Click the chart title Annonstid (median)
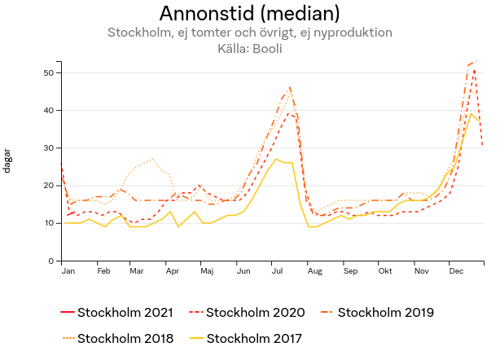pyautogui.click(x=249, y=14)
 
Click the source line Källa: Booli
pyautogui.click(x=249, y=48)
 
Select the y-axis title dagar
pyautogui.click(x=7, y=160)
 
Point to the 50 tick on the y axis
pyautogui.click(x=48, y=73)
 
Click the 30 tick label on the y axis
pyautogui.click(x=48, y=148)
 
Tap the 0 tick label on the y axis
pyautogui.click(x=50, y=261)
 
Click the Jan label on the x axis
pyautogui.click(x=68, y=270)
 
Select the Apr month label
pyautogui.click(x=173, y=270)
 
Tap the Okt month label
pyautogui.click(x=385, y=270)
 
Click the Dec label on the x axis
pyautogui.click(x=456, y=270)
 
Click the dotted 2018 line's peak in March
pyautogui.click(x=152, y=159)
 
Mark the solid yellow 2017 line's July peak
pyautogui.click(x=277, y=159)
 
